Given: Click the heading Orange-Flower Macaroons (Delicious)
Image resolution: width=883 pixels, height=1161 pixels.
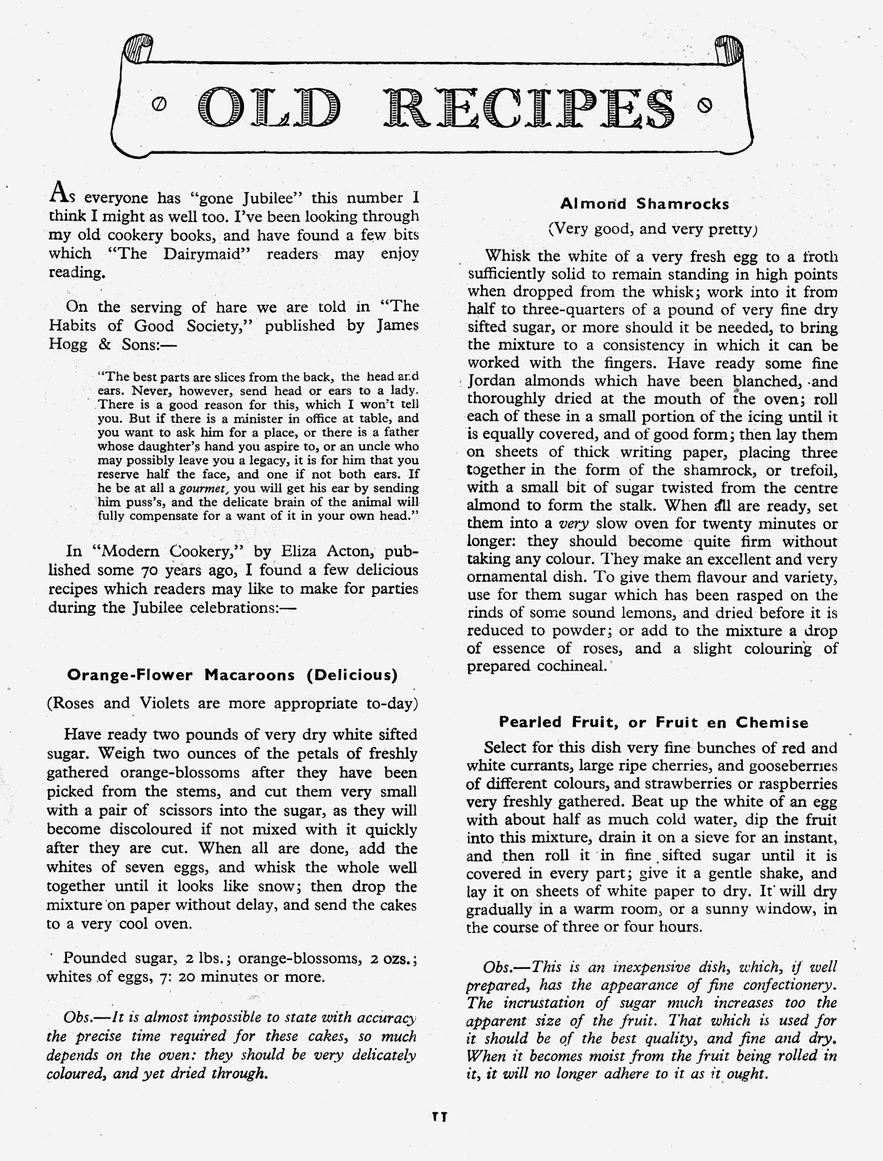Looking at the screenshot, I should (232, 675).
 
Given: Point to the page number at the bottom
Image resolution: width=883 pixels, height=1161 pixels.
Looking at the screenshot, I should (439, 1117).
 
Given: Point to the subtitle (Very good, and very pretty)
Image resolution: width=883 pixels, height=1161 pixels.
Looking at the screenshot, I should (652, 229).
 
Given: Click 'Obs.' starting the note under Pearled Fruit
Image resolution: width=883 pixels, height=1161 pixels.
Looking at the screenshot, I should (499, 966).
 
